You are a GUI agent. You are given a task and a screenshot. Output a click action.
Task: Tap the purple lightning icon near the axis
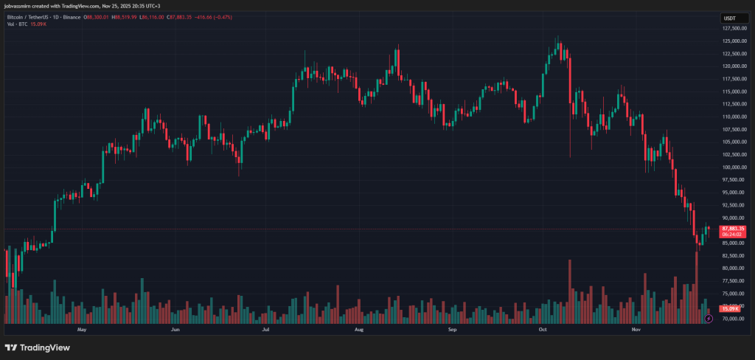(x=708, y=319)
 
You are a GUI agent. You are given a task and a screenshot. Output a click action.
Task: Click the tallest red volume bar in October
(x=570, y=291)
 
